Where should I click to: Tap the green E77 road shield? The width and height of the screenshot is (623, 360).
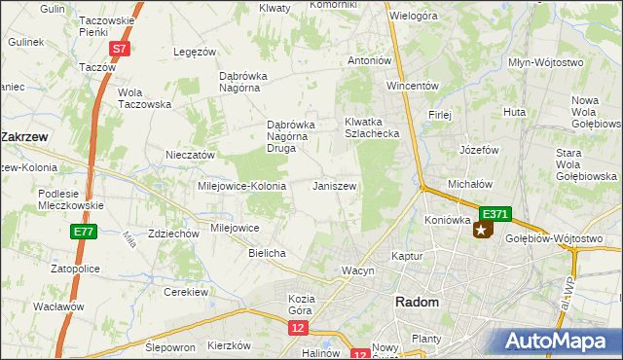82,233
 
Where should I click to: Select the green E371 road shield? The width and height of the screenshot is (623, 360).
495,214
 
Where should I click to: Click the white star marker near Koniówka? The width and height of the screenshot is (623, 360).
482,231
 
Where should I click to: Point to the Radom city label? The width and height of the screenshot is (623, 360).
417,303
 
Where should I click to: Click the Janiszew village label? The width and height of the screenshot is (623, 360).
334,186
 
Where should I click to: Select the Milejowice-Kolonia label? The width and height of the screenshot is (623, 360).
241,186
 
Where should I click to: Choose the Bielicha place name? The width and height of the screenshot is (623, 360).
267,253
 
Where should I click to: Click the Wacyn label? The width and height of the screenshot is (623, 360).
357,270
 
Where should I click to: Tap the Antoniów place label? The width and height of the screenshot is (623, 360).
369,60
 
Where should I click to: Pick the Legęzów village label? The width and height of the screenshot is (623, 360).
193,52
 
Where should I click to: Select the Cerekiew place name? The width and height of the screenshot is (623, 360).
188,292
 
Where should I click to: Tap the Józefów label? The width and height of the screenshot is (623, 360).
479,151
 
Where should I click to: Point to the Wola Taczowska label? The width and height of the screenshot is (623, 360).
144,98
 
